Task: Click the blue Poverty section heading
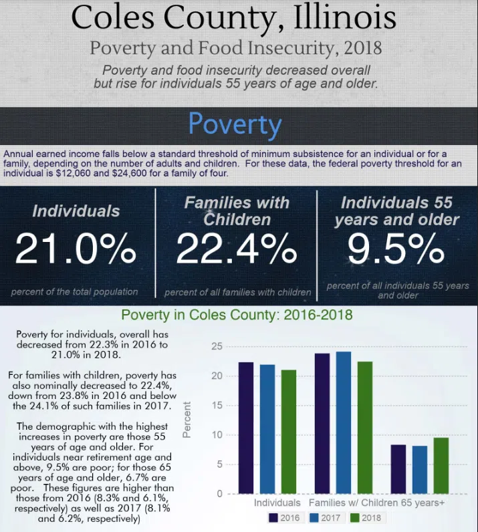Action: click(235, 125)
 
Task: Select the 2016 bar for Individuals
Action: click(246, 428)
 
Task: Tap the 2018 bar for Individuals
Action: click(289, 432)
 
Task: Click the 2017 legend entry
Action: click(326, 517)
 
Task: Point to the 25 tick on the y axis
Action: click(215, 346)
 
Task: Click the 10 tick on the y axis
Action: click(215, 435)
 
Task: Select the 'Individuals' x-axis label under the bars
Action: click(277, 502)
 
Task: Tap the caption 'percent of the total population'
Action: click(74, 291)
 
